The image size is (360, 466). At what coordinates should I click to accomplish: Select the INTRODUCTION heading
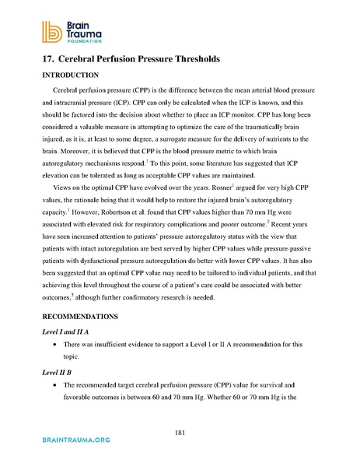[x=69, y=75]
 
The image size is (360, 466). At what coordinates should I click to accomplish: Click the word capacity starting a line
[x=54, y=226]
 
